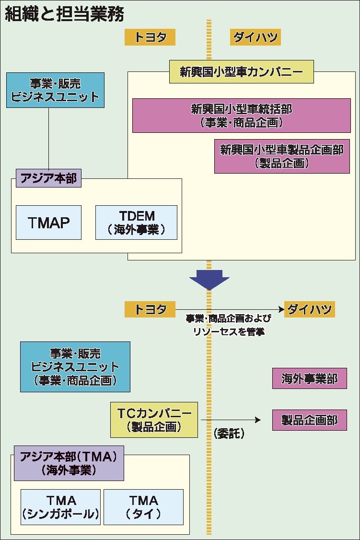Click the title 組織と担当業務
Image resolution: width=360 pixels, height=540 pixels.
64,14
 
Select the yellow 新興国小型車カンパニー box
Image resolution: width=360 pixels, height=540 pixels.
242,72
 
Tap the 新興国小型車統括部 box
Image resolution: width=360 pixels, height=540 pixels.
241,115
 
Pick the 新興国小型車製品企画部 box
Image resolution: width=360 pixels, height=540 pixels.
282,156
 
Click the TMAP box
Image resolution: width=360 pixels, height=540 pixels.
48,222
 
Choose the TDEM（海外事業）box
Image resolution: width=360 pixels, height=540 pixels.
136,222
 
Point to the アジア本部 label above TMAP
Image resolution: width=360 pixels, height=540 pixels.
48,179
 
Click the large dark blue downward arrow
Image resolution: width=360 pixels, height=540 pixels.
209,280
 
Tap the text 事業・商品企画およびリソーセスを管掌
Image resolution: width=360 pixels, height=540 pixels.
229,325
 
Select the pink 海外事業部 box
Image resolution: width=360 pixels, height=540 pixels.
309,378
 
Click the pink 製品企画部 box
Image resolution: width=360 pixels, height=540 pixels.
309,421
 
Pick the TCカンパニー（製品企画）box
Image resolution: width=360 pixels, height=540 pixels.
154,420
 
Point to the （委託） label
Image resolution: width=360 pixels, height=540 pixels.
229,434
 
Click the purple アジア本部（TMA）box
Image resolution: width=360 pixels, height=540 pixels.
69,463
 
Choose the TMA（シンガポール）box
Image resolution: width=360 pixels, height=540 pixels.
61,506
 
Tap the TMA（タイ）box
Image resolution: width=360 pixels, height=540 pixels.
143,506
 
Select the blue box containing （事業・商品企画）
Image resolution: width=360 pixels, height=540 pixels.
75,367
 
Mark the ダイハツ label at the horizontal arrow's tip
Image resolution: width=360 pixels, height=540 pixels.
309,309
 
